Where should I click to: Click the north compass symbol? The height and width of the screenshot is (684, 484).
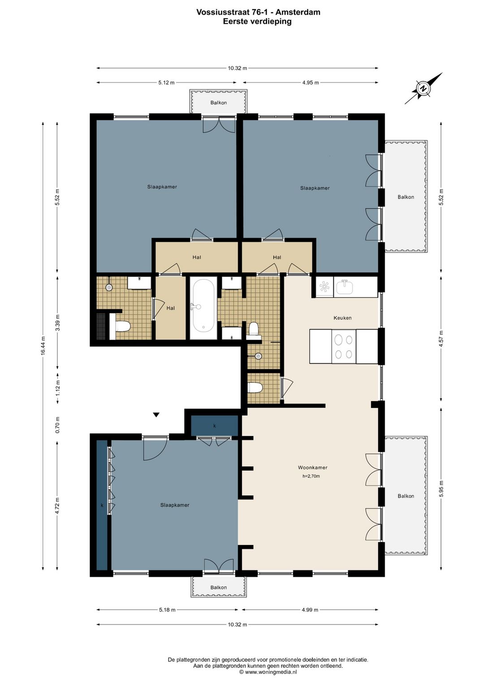[423, 88]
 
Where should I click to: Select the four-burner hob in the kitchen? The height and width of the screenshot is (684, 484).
[344, 346]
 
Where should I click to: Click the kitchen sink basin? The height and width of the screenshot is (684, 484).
[345, 287]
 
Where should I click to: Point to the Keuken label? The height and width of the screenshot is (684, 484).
[342, 318]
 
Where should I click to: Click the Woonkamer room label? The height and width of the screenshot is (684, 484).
[312, 468]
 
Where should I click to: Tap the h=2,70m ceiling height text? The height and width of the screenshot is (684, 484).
[311, 476]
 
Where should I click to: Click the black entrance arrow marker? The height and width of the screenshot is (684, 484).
[156, 415]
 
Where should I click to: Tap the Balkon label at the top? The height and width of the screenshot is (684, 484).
[219, 103]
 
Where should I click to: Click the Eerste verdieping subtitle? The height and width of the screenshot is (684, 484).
[257, 22]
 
